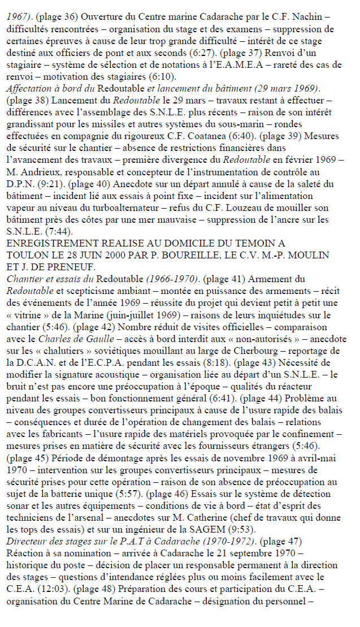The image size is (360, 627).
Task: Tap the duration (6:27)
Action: (201, 55)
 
